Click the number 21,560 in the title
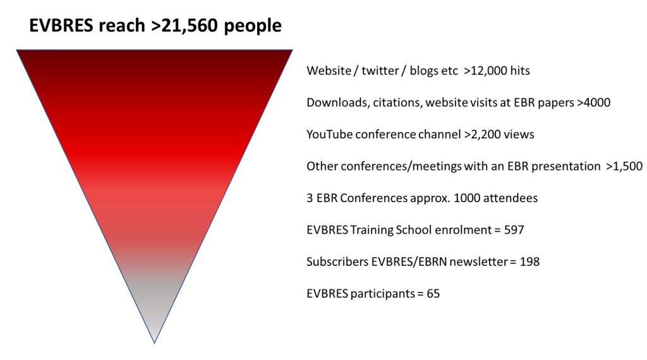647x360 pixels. (190, 25)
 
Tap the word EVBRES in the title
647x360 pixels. (61, 25)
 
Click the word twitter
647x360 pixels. (380, 71)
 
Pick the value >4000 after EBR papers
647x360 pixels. (594, 102)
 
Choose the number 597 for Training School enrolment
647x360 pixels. (514, 230)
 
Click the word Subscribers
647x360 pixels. (337, 262)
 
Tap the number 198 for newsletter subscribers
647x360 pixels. (530, 262)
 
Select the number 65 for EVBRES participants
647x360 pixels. (433, 294)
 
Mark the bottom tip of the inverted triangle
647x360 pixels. (155, 343)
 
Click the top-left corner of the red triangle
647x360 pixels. (16, 50)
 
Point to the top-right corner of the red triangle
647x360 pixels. (293, 50)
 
